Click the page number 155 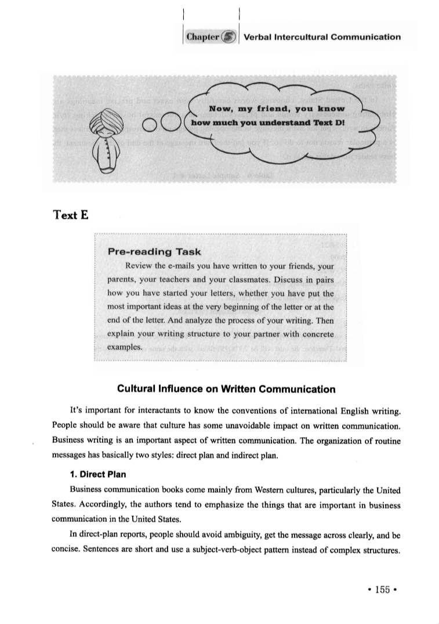(382, 588)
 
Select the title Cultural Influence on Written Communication (226, 388)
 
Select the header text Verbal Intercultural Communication (322, 37)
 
